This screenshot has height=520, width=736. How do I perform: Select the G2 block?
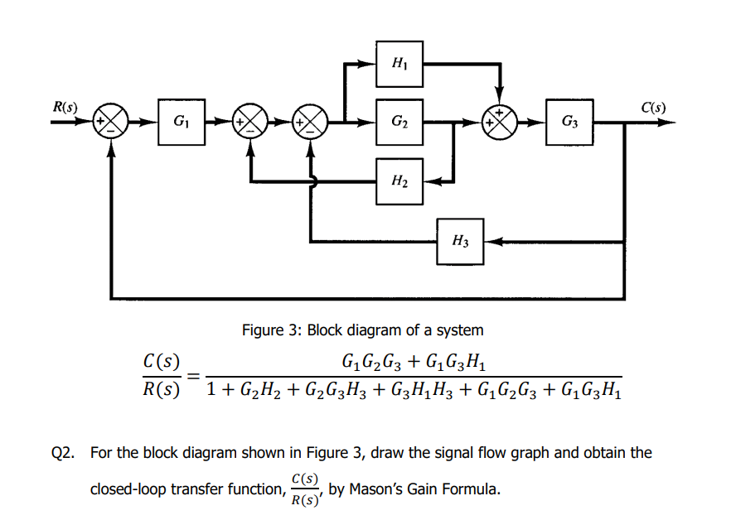399,124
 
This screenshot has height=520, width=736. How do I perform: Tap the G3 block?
569,124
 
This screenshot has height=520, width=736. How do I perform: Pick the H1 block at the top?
399,63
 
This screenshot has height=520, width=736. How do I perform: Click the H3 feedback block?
461,242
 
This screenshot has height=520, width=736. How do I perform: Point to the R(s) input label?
65,107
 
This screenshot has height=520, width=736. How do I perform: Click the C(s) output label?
653,107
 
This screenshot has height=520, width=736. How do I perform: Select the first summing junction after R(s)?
110,124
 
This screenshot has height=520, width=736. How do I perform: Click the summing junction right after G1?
249,124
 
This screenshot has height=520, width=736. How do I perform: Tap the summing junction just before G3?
500,124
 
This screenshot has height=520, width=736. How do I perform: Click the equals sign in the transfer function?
193,375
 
